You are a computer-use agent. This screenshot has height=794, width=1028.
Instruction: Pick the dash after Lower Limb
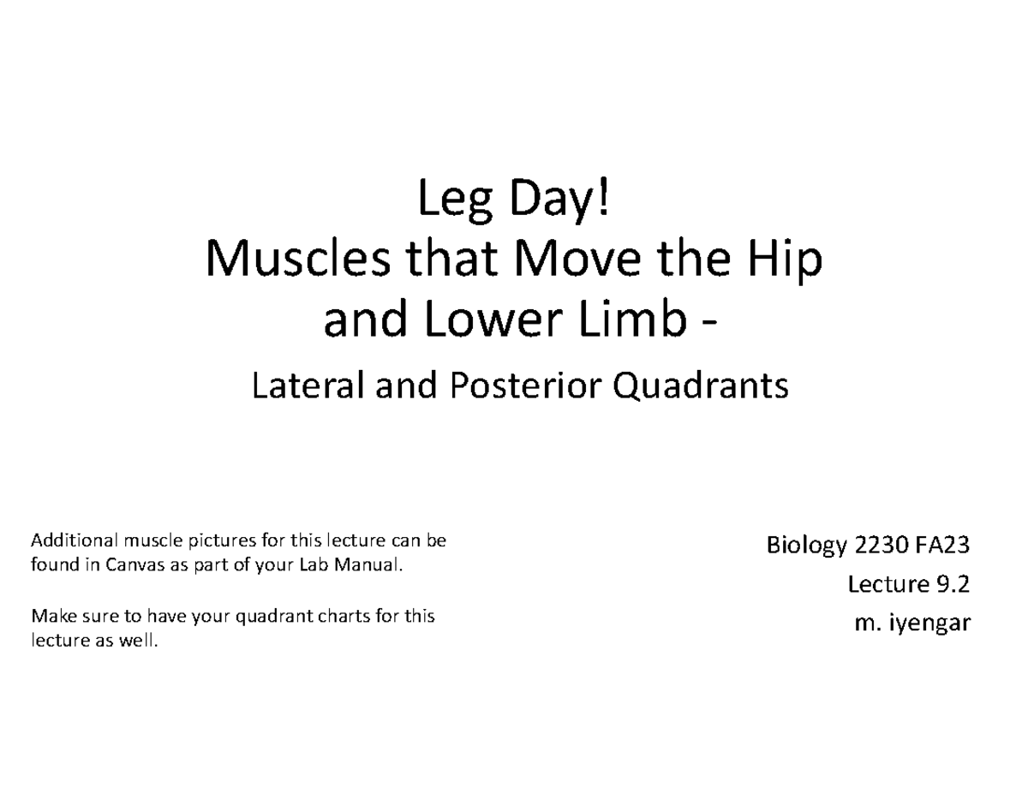709,324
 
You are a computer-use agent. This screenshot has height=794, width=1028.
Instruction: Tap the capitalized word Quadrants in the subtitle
701,386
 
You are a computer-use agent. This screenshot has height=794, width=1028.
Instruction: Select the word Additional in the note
75,540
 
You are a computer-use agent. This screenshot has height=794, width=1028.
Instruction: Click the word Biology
807,546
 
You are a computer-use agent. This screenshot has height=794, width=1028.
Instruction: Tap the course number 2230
882,546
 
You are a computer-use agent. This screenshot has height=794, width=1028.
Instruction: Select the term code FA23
942,546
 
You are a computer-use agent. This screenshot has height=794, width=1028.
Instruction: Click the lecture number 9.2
953,584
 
